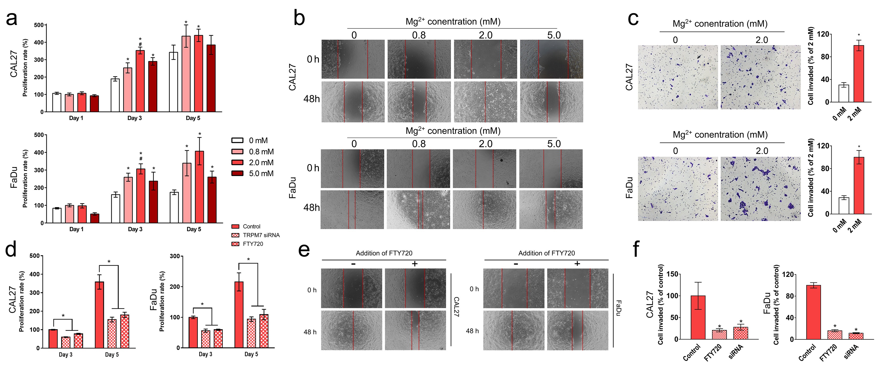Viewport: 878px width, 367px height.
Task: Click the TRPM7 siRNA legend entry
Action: (x=255, y=235)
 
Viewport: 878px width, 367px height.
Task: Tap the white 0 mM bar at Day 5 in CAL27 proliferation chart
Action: (x=174, y=82)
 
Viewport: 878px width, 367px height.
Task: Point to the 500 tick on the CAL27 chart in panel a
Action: (x=39, y=25)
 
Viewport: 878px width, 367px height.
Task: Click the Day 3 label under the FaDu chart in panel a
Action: (x=135, y=229)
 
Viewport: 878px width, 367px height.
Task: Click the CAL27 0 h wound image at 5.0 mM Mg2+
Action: (x=551, y=59)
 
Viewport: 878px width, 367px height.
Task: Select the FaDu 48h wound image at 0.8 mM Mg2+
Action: (x=418, y=209)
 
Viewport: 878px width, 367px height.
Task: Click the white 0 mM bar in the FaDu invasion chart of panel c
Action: (x=844, y=205)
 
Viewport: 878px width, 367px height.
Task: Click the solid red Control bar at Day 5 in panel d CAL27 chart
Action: (x=99, y=314)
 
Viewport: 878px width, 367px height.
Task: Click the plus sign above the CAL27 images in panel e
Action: (x=414, y=263)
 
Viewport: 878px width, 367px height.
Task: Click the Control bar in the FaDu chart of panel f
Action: (x=813, y=312)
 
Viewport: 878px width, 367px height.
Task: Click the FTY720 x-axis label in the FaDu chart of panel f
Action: (x=828, y=353)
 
